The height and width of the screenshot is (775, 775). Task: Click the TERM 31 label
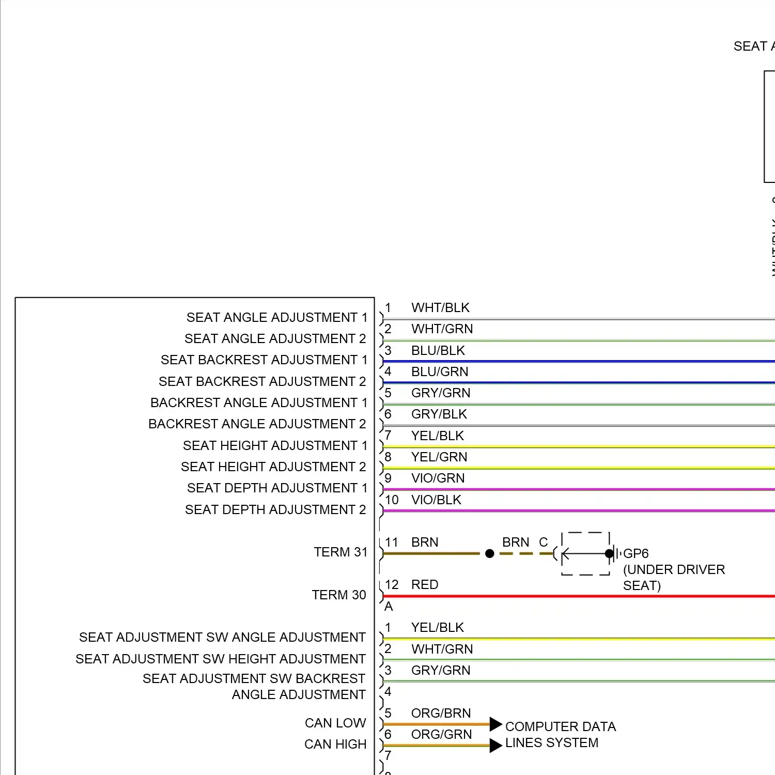(x=340, y=552)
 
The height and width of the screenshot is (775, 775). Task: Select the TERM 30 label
(x=338, y=595)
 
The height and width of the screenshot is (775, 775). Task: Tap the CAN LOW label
(x=335, y=723)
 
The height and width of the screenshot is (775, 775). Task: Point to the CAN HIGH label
(x=335, y=744)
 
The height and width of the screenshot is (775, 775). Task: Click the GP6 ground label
(x=636, y=554)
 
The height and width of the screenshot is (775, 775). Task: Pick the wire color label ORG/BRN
(x=441, y=713)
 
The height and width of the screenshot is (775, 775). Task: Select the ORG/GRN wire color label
(x=441, y=734)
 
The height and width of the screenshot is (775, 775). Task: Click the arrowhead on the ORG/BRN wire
(x=495, y=724)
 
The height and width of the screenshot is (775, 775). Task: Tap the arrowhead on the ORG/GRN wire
(x=495, y=745)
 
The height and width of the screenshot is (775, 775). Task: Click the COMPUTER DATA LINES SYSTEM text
(x=560, y=735)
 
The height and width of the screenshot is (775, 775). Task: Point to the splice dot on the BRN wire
(x=490, y=554)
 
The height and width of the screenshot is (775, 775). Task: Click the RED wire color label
(x=425, y=584)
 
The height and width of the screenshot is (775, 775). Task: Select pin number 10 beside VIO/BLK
(x=392, y=500)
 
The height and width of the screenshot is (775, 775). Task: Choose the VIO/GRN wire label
(x=438, y=478)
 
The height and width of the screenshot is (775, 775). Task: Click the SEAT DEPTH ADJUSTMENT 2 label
(x=275, y=510)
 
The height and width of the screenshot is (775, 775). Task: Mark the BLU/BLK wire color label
(x=438, y=350)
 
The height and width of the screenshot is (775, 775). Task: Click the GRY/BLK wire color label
(x=439, y=414)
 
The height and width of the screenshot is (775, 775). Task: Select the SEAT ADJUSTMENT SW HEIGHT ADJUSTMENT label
(x=221, y=659)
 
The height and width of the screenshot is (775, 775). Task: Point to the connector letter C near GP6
(x=543, y=542)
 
